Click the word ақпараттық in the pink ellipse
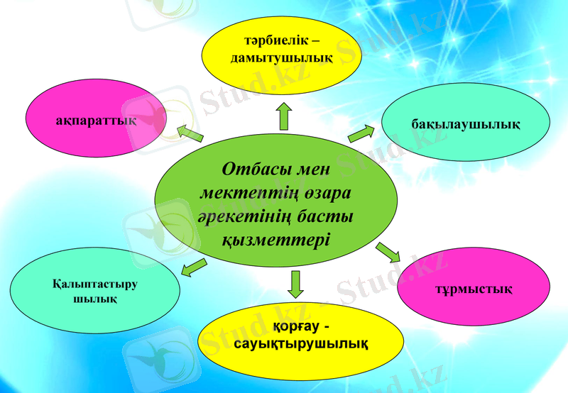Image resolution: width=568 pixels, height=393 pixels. (x=96, y=121)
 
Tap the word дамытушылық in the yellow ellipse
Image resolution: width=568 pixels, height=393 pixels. (x=282, y=56)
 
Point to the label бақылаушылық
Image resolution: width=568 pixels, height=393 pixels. (x=466, y=124)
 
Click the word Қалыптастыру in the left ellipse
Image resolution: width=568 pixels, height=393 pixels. (x=94, y=284)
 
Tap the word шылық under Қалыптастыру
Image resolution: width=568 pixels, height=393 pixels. (x=95, y=299)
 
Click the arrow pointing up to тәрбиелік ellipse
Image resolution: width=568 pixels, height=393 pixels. (x=284, y=115)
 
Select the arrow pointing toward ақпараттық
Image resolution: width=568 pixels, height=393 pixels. (x=189, y=133)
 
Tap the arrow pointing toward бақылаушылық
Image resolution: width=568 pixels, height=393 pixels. (x=361, y=133)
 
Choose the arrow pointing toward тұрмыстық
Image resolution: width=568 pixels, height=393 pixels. (x=388, y=252)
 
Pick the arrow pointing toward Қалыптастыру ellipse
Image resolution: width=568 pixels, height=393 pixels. (x=194, y=267)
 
